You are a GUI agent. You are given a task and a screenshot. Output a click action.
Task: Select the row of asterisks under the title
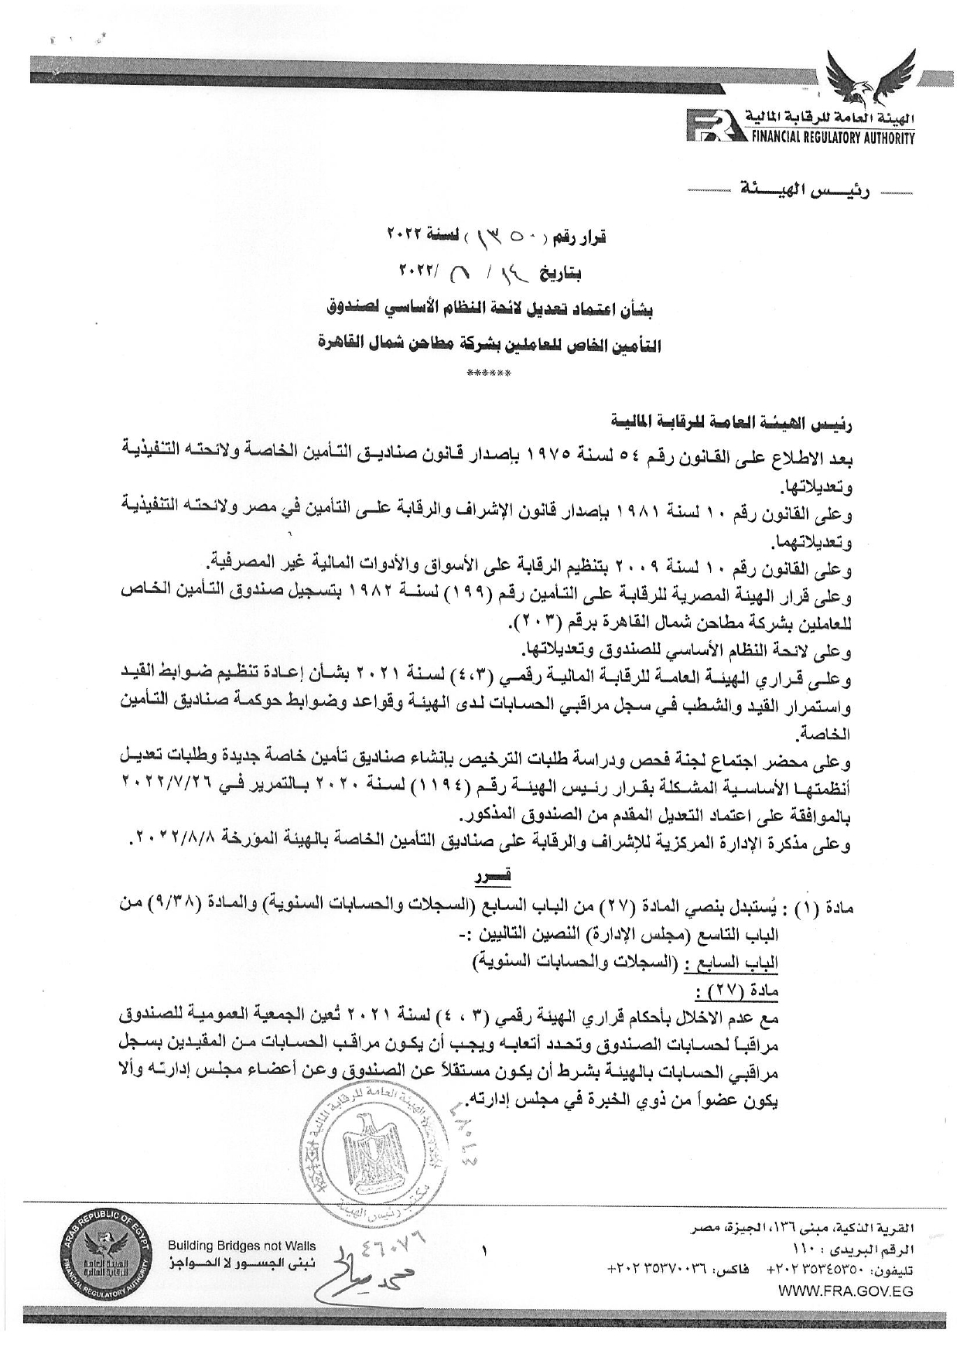[489, 374]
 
